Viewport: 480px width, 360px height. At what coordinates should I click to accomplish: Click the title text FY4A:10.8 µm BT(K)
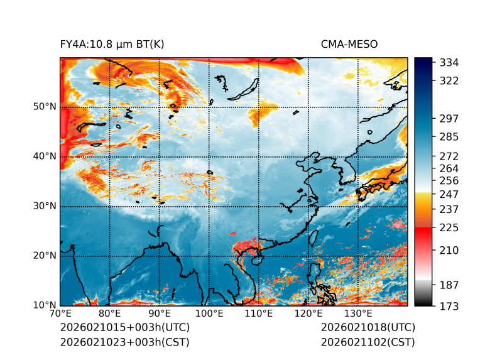tap(112, 44)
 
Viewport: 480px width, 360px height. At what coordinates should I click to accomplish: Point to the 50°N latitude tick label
tap(45, 107)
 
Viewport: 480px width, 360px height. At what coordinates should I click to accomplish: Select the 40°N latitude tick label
tap(45, 156)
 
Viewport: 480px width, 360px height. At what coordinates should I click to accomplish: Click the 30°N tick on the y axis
tap(45, 206)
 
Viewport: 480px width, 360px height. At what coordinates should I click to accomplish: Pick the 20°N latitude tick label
tap(45, 256)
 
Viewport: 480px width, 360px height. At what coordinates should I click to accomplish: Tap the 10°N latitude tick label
tap(45, 305)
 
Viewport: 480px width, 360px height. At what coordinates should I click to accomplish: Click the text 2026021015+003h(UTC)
tap(124, 328)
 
